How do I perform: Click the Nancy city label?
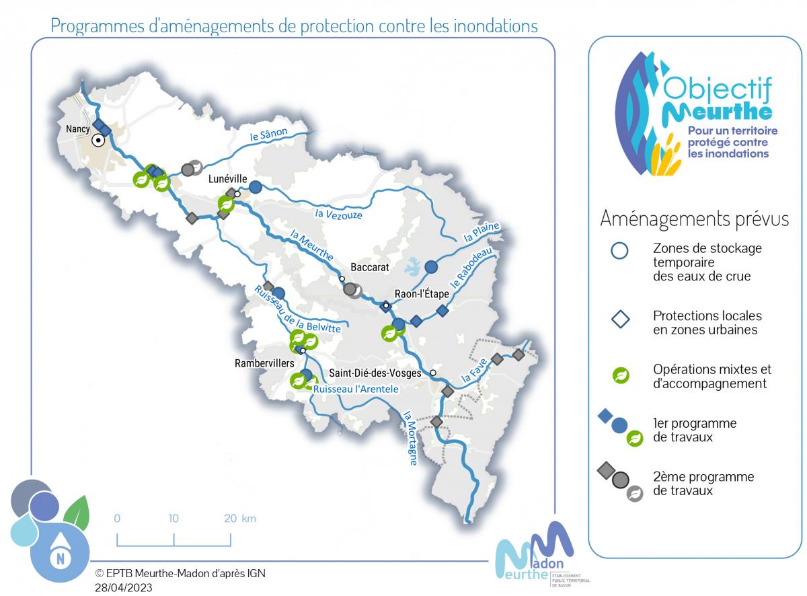tap(79, 128)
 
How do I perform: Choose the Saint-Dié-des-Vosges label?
tap(375, 373)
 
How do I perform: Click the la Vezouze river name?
tap(338, 215)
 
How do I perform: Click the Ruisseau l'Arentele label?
tap(356, 389)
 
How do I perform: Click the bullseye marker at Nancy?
tap(98, 141)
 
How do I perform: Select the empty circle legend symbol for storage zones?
tap(619, 251)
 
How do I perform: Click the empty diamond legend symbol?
tap(619, 319)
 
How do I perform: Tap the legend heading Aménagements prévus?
tap(694, 219)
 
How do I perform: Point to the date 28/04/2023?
tap(124, 587)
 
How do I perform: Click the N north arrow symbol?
tap(61, 558)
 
